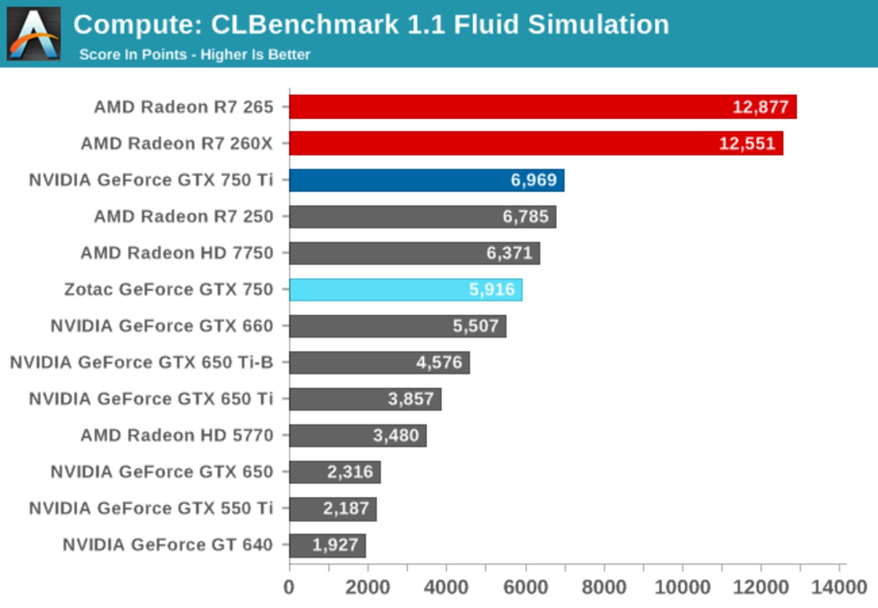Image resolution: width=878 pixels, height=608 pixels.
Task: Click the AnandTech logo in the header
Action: [x=33, y=33]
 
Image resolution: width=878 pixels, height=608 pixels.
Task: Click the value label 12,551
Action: [x=747, y=144]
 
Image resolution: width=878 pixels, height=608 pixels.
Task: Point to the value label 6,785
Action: [x=525, y=216]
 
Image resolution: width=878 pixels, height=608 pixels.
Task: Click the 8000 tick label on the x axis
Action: [x=604, y=587]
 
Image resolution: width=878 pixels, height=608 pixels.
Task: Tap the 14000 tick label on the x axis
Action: [x=839, y=587]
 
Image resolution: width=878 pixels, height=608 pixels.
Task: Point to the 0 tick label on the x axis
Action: [x=289, y=587]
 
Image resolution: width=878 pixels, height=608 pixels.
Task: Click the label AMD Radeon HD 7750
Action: [x=177, y=253]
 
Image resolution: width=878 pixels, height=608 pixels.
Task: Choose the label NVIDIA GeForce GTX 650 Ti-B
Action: [x=141, y=362]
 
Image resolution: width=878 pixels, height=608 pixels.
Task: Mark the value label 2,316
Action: [x=350, y=472]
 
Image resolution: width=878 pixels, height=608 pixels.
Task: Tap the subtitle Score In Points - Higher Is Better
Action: [x=195, y=54]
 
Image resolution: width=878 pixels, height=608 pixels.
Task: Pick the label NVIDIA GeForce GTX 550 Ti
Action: [x=151, y=508]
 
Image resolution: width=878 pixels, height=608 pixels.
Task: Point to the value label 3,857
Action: [x=411, y=399]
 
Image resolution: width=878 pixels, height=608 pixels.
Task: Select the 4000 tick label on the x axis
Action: [x=446, y=587]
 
